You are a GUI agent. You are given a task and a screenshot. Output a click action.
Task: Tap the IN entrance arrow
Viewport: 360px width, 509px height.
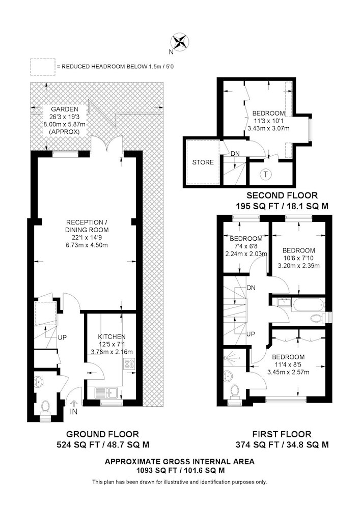pos(74,404)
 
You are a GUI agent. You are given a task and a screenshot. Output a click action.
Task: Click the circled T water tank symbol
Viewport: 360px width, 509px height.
pos(266,174)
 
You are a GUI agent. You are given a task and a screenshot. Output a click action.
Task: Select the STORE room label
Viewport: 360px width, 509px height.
pos(203,162)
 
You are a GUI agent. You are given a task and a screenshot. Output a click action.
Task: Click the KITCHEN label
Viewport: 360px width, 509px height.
pos(112,337)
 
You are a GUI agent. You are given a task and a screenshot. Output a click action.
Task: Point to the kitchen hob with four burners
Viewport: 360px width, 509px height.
pos(129,363)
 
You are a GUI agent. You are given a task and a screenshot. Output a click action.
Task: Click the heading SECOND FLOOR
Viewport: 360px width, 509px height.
pos(282,195)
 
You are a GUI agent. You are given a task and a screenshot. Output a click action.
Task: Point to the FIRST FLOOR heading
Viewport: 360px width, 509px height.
pos(282,434)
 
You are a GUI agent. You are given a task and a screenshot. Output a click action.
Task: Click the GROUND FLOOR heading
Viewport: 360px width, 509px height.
pos(102,434)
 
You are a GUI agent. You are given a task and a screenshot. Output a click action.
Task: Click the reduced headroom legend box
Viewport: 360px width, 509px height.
pos(43,67)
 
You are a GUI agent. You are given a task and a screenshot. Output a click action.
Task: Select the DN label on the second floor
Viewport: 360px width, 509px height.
pos(235,154)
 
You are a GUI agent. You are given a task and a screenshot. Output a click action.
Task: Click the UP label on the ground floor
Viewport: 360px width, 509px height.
pos(62,337)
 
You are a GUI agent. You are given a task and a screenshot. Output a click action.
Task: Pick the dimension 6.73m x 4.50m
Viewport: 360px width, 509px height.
pos(87,245)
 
